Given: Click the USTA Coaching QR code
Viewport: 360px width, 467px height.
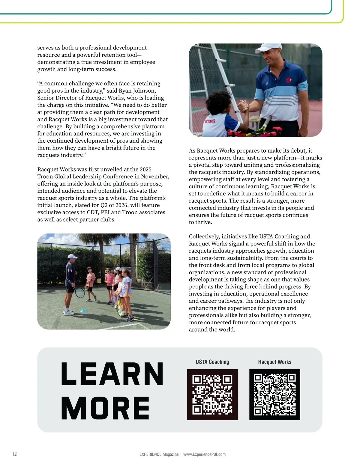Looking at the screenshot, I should [212, 394].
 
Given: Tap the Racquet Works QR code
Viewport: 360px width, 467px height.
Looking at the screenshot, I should [274, 394].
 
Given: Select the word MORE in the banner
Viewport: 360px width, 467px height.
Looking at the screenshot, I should [105, 408].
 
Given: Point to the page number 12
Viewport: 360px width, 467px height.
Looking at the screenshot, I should [14, 454].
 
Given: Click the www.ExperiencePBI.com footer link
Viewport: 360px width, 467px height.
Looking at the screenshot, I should [204, 454].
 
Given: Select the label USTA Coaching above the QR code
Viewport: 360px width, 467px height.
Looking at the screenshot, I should [212, 362].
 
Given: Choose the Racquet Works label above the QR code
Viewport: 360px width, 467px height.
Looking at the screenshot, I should [274, 362].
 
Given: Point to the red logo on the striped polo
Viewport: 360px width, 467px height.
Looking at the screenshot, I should [288, 80].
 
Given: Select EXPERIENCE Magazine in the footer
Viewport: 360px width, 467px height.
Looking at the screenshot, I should [159, 454].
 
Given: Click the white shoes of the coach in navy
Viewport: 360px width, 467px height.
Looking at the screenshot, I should [69, 312].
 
